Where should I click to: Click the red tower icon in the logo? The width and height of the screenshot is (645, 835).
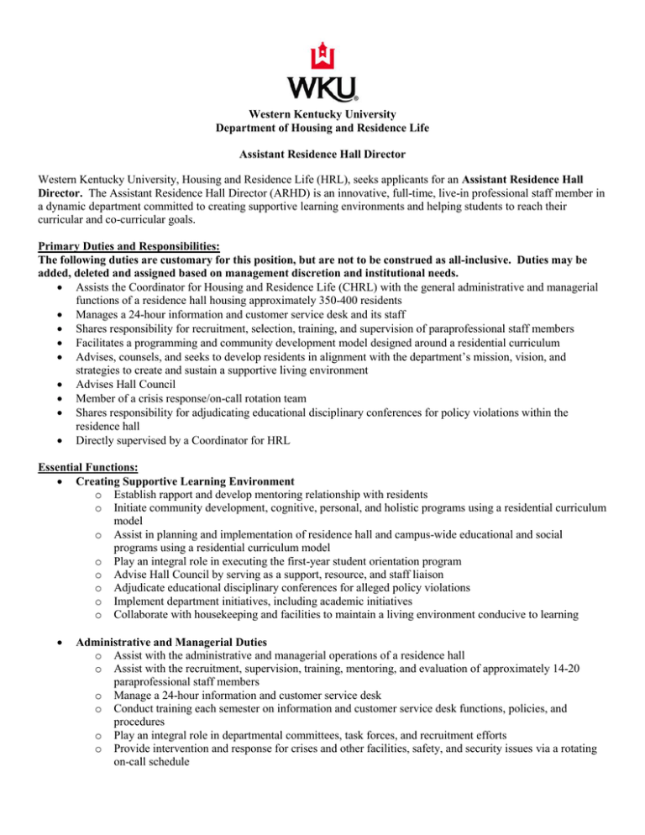[322, 56]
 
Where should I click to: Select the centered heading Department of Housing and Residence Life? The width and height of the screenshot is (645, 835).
[322, 128]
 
